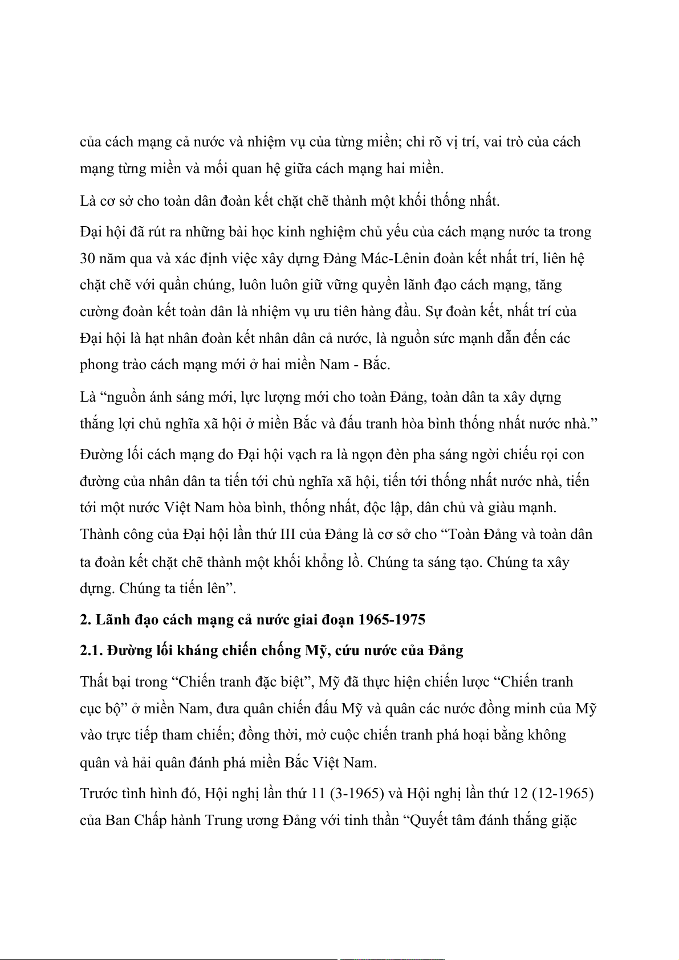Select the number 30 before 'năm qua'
[87, 259]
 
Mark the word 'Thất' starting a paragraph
[93, 682]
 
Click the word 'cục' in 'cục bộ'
[91, 709]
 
